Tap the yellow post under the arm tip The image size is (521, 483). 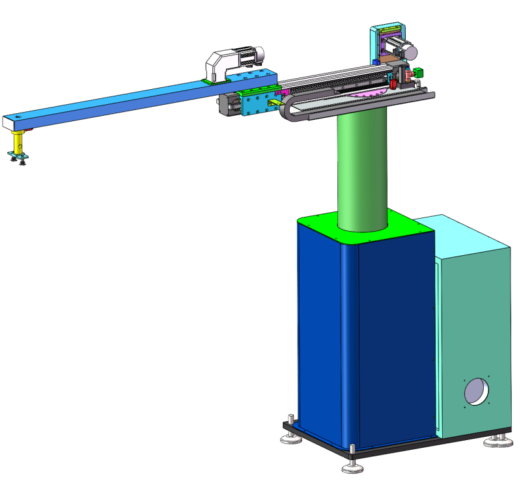pyautogui.click(x=20, y=139)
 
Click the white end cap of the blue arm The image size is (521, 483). pyautogui.click(x=8, y=122)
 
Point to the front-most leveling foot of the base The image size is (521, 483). pyautogui.click(x=352, y=465)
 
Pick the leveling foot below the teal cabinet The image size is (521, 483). pyautogui.click(x=498, y=442)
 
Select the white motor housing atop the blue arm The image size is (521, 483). pyautogui.click(x=221, y=65)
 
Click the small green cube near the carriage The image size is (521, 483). pyautogui.click(x=419, y=72)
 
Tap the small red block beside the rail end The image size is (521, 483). pyautogui.click(x=393, y=83)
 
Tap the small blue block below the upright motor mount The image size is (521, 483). pyautogui.click(x=376, y=62)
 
